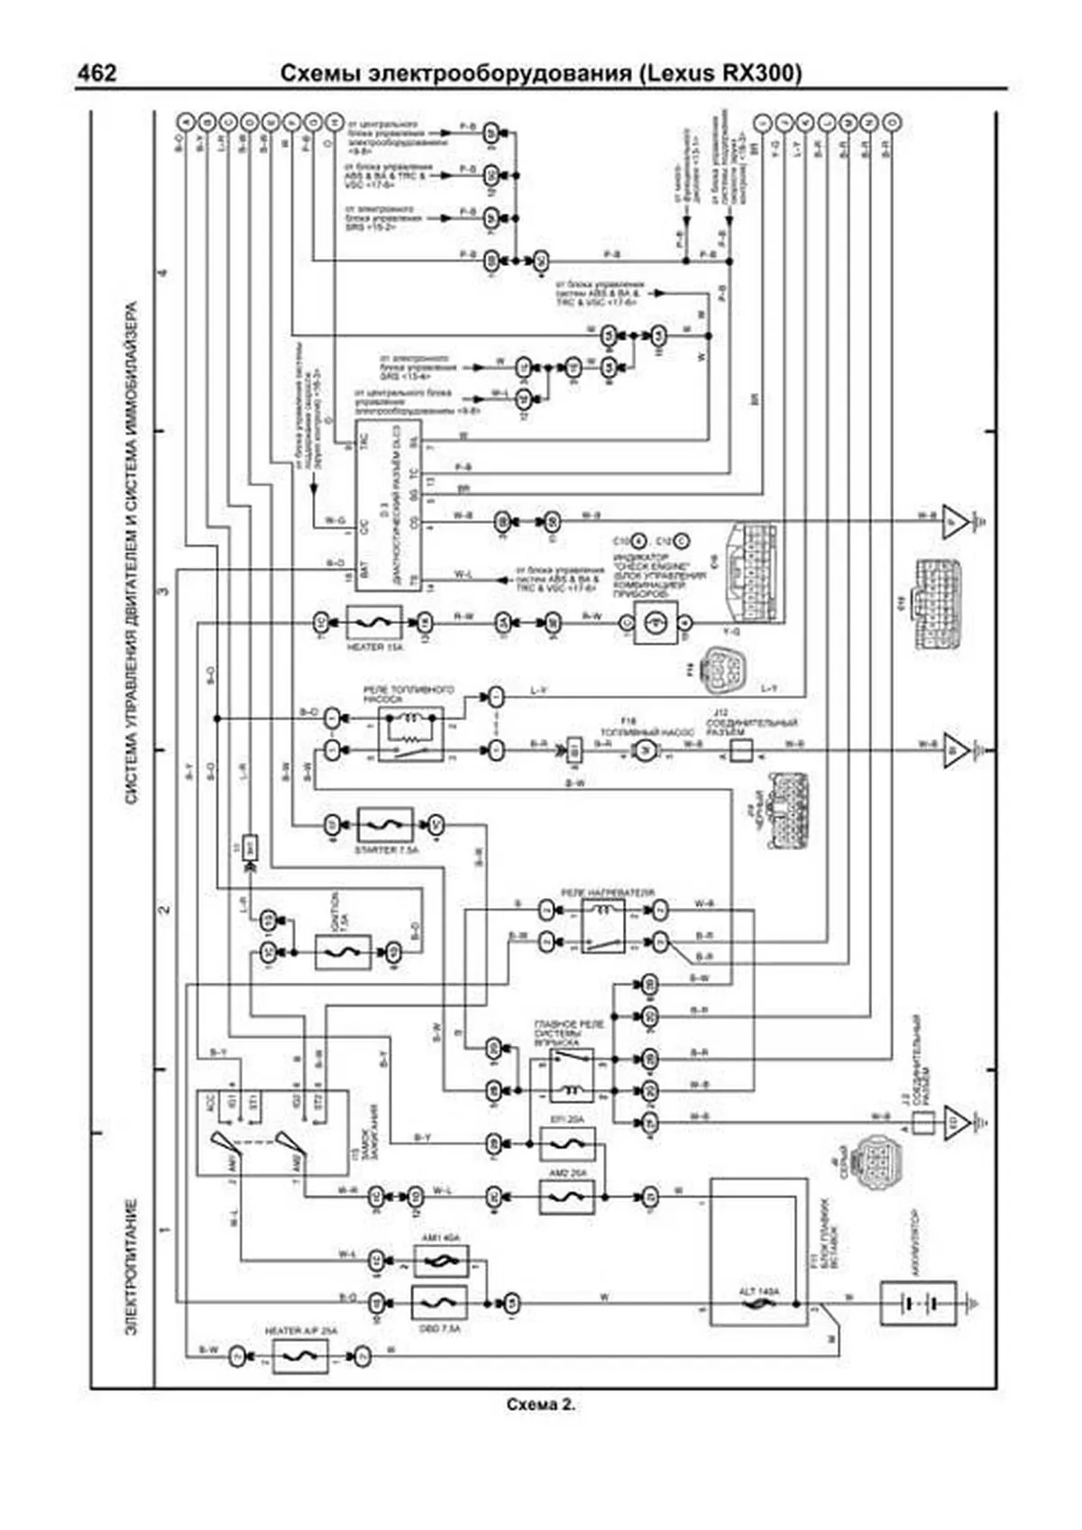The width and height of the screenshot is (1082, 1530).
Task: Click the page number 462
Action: click(x=96, y=73)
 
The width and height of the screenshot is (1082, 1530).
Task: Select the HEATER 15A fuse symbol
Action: click(x=374, y=623)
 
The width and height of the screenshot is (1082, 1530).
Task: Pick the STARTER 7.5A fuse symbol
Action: click(x=385, y=825)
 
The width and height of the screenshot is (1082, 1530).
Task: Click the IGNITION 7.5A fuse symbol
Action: click(x=343, y=952)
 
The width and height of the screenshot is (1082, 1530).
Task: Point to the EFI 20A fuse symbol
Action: click(x=567, y=1144)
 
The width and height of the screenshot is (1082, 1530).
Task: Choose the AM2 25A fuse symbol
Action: click(x=567, y=1197)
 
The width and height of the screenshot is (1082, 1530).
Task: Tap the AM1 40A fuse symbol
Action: click(x=441, y=1260)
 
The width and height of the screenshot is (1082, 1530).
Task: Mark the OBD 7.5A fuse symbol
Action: click(x=439, y=1302)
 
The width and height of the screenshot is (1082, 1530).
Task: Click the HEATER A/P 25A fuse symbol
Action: click(x=300, y=1355)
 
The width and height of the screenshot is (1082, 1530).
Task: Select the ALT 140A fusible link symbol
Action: click(x=758, y=1304)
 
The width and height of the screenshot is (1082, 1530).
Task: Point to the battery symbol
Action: click(x=917, y=1303)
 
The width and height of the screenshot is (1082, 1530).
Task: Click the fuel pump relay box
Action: click(x=410, y=734)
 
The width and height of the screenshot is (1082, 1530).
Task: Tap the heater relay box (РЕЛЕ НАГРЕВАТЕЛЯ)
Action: click(x=603, y=926)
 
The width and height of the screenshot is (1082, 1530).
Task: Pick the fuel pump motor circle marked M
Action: click(x=643, y=751)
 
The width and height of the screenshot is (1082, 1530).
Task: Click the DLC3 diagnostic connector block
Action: click(x=388, y=505)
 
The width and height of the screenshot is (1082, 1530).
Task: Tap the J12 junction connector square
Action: click(x=740, y=750)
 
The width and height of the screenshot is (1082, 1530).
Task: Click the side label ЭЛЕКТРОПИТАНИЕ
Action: click(x=132, y=1267)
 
